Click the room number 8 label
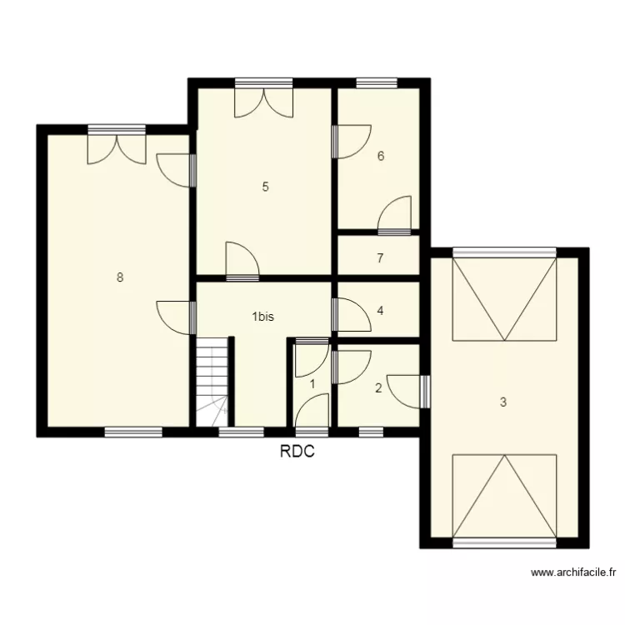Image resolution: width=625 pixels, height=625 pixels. [x=120, y=278]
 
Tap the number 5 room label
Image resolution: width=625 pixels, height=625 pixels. [x=265, y=187]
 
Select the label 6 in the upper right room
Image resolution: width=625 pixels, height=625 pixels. [x=380, y=156]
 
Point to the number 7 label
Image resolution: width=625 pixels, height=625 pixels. [x=380, y=258]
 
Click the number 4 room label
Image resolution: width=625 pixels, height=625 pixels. [x=380, y=311]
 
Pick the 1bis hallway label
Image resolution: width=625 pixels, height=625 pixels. [x=263, y=317]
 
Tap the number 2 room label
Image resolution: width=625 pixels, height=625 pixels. [x=378, y=387]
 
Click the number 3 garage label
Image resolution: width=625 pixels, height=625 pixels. [x=502, y=402]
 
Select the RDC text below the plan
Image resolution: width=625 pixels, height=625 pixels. [x=297, y=452]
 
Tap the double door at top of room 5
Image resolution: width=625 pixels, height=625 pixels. [x=263, y=100]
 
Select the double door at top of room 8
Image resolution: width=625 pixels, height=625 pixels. [x=117, y=146]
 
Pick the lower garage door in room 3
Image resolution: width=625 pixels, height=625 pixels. [x=503, y=497]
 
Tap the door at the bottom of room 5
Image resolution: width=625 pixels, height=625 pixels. [x=242, y=260]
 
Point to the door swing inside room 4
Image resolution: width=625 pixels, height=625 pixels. [x=350, y=315]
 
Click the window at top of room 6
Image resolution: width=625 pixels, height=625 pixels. [x=377, y=82]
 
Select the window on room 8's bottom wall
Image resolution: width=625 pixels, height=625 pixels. [x=133, y=431]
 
